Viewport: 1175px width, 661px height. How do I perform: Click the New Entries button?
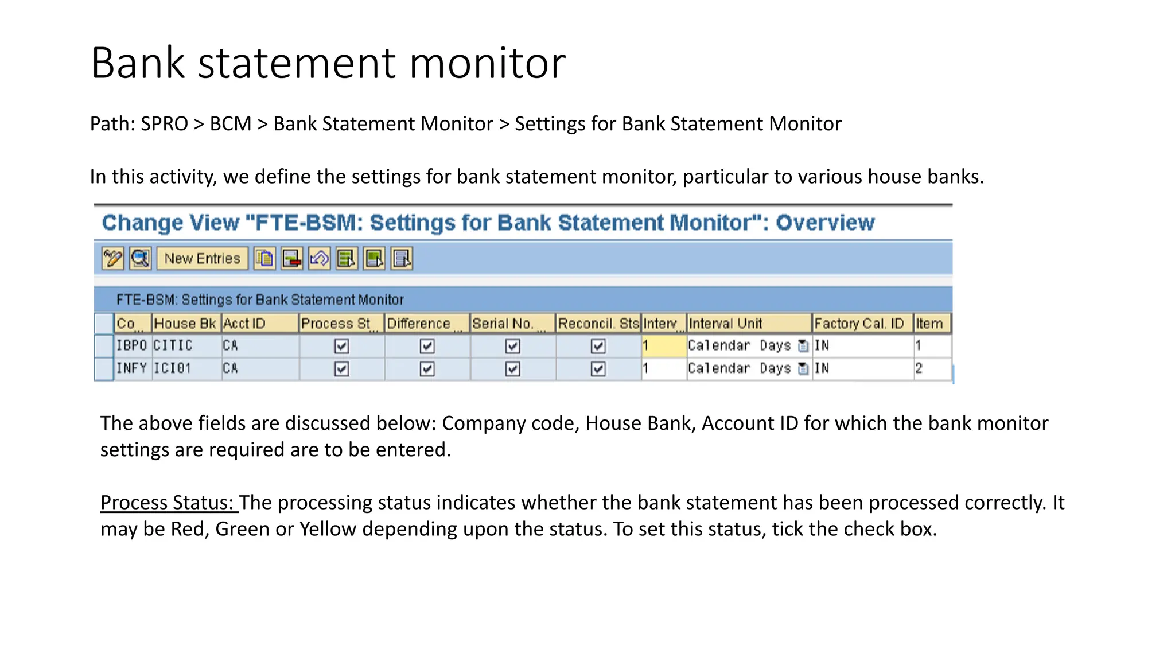(x=202, y=259)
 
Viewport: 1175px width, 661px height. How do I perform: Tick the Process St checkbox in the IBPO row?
(x=341, y=346)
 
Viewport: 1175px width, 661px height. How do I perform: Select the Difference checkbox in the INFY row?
(x=427, y=369)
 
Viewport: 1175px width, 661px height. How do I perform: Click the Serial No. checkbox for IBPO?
(x=512, y=346)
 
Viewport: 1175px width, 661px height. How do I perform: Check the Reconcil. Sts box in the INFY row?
(x=598, y=369)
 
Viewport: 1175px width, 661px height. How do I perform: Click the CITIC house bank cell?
(x=173, y=345)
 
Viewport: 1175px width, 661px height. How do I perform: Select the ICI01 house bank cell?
(x=172, y=368)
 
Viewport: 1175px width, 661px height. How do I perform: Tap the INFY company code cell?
(x=131, y=368)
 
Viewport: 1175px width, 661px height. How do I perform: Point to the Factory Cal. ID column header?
(x=859, y=324)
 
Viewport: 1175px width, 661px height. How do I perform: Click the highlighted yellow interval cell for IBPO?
(x=664, y=345)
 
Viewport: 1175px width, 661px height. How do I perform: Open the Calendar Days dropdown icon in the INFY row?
(x=803, y=369)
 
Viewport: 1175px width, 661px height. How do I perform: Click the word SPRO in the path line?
(x=165, y=124)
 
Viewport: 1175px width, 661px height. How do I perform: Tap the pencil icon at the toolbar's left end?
(x=112, y=259)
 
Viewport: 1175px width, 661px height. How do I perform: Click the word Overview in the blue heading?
(x=825, y=223)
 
